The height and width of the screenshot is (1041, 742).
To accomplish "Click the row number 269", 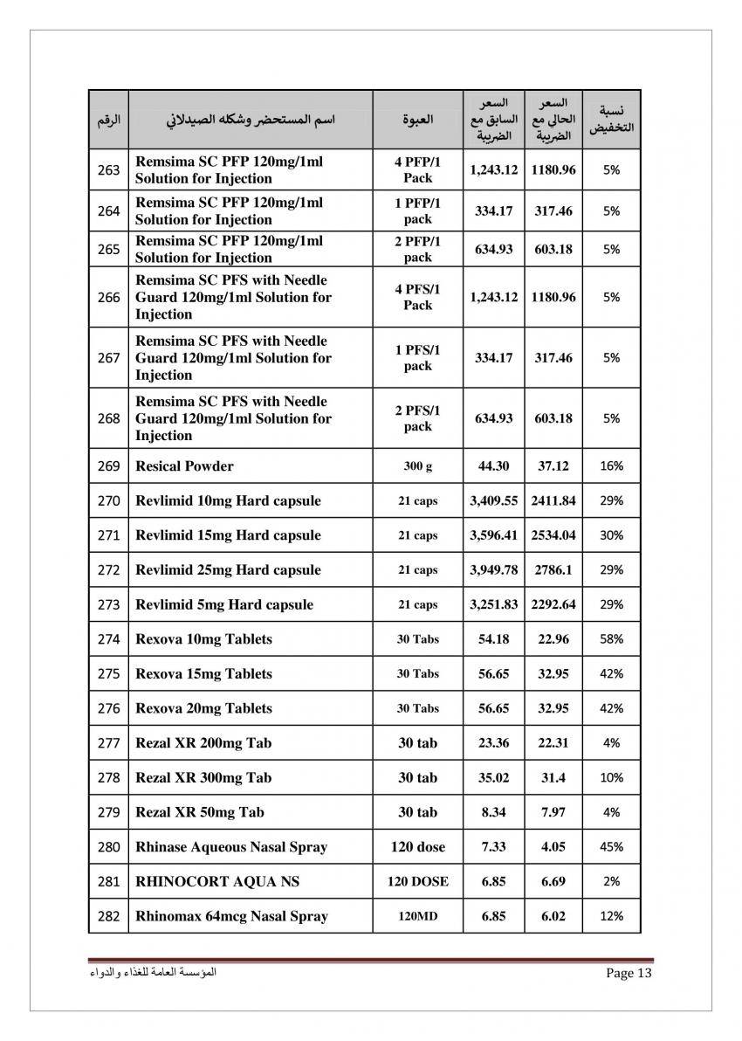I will coord(108,466).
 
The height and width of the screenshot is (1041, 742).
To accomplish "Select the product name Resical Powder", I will coord(184,466).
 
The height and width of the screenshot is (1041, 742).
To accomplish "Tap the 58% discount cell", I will coord(611,639).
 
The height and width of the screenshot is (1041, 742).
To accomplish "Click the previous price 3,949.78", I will coord(493,570).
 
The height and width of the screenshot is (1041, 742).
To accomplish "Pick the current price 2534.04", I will coord(553,535).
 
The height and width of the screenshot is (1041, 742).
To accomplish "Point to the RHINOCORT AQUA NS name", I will coord(217,882).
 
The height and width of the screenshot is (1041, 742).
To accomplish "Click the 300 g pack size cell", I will coord(417,466).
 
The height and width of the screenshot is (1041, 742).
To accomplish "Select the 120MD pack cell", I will coord(417,916).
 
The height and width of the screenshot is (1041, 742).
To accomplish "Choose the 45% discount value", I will coord(611,847).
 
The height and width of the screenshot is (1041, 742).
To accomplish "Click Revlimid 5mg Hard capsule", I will coord(224,604).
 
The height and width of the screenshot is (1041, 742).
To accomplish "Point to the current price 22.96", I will coord(553,639).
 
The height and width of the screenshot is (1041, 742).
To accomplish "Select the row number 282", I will coord(108,916).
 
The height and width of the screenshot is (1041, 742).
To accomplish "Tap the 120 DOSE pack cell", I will coord(417,882).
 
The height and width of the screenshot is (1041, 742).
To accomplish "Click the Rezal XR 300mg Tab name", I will coord(203,777).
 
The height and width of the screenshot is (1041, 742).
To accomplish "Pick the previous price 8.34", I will coord(493,812).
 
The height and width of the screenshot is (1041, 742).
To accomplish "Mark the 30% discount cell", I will coord(611,535).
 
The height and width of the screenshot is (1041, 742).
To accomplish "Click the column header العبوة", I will coord(417,119).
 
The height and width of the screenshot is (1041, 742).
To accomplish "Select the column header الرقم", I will coord(108,119).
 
